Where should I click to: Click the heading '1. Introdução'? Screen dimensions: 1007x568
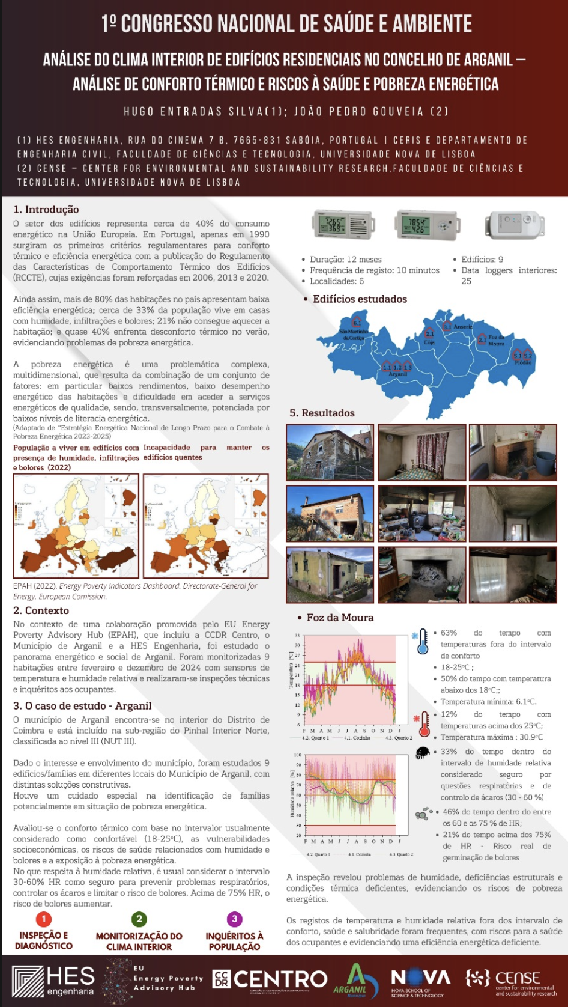coord(46,209)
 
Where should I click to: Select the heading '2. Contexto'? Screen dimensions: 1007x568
coord(41,610)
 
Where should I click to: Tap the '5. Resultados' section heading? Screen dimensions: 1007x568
coord(322,413)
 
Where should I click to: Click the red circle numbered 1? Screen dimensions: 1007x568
coord(43,919)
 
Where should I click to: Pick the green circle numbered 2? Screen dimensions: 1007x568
coord(139,919)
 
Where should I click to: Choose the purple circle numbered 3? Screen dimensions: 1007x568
coord(234,919)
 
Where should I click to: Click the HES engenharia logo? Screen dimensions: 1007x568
coord(54,981)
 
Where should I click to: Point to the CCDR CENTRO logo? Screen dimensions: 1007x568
coord(270,980)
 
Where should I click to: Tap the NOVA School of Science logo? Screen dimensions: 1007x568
coord(420,981)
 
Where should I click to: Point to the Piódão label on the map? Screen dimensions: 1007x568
coord(522,362)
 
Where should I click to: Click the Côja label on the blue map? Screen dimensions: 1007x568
coord(429,342)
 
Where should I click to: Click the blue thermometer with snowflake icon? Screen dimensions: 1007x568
coord(423,640)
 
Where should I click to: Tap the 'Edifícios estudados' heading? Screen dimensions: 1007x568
coord(360,299)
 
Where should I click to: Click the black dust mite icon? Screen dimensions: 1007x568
coord(423,752)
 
